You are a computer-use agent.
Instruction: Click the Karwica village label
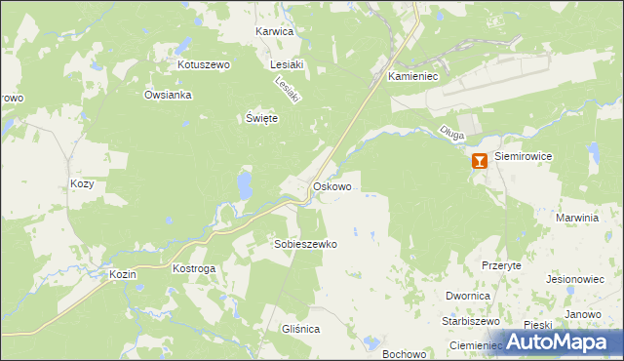[x=274, y=31]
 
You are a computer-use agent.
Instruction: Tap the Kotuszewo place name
[x=202, y=64]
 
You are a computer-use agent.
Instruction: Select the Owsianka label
[x=168, y=95]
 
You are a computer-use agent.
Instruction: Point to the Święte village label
[x=261, y=118]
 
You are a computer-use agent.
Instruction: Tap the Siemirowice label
[x=524, y=155]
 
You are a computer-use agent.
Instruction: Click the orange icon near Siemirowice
[x=479, y=162]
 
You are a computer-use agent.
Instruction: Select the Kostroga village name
[x=193, y=267]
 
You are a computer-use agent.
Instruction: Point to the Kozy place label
[x=82, y=182]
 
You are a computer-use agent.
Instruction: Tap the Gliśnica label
[x=299, y=329]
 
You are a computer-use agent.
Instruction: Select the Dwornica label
[x=466, y=295]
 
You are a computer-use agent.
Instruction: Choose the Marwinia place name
[x=575, y=218]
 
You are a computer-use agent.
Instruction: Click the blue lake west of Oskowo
[x=243, y=183]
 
